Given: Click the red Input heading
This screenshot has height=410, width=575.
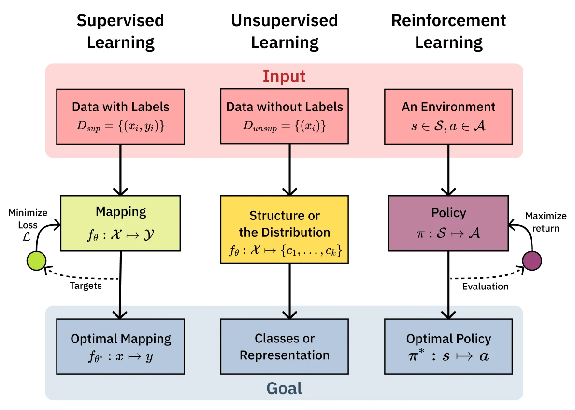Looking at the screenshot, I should [x=284, y=76].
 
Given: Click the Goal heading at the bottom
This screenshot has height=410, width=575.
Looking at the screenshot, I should [x=284, y=388].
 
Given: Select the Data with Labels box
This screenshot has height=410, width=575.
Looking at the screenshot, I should [x=120, y=116].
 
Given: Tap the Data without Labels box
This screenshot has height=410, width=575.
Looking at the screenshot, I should [x=284, y=116].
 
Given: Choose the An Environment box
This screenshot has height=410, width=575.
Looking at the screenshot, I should [x=448, y=116].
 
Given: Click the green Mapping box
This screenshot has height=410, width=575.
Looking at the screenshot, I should [x=120, y=223].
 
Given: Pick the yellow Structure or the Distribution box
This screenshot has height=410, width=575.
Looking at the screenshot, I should [x=284, y=230].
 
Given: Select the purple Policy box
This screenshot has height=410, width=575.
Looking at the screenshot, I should [x=448, y=223].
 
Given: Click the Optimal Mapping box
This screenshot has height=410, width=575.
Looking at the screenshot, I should [x=120, y=346].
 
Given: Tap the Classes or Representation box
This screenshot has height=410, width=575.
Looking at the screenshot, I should [x=284, y=346].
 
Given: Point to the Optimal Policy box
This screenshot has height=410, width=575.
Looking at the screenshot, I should [x=448, y=346].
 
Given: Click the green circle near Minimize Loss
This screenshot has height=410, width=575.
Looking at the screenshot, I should [x=36, y=260].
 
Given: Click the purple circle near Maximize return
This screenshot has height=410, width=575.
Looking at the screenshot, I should [x=532, y=260].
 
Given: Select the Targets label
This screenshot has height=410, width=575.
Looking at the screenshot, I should [x=86, y=286].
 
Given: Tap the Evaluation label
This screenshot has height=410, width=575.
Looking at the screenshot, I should [x=485, y=287].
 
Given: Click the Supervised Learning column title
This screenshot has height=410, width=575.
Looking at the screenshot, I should [x=120, y=31].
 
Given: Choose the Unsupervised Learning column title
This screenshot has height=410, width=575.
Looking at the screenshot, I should [x=284, y=31].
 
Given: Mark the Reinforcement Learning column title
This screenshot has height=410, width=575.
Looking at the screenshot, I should [x=448, y=31].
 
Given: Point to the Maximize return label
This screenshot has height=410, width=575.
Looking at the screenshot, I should [x=546, y=222].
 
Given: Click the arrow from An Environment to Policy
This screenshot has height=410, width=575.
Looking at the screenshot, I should [x=448, y=169].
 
